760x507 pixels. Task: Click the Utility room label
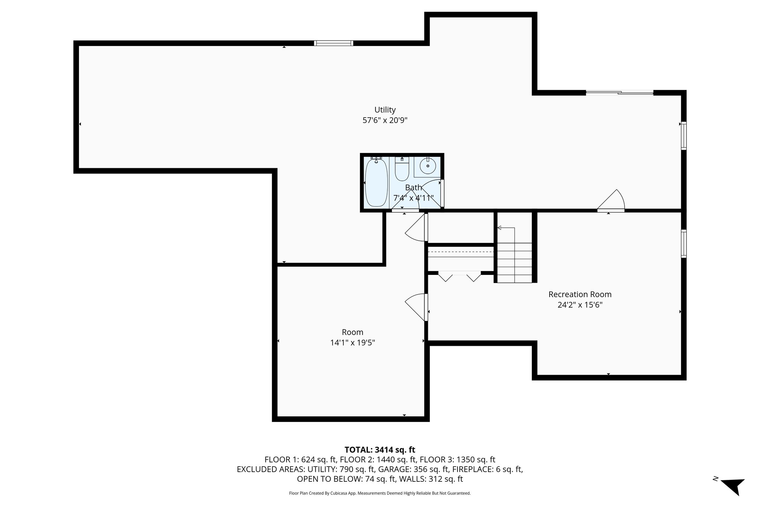click(385, 110)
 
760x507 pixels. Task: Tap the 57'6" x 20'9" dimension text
click(385, 120)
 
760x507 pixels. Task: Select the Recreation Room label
click(580, 295)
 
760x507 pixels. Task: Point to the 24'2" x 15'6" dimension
click(580, 305)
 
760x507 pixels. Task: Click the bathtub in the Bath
click(376, 182)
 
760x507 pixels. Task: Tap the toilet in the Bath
click(402, 170)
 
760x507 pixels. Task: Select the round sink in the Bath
click(428, 166)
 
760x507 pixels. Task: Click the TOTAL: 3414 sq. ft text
click(380, 450)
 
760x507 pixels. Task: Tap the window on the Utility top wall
click(333, 43)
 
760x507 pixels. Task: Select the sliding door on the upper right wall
click(619, 92)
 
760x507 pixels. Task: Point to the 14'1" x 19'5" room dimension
click(353, 343)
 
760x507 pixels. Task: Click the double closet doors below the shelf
click(459, 276)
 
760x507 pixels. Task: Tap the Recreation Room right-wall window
click(684, 244)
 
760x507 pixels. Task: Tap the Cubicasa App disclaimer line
click(380, 493)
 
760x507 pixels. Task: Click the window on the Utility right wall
click(684, 136)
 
